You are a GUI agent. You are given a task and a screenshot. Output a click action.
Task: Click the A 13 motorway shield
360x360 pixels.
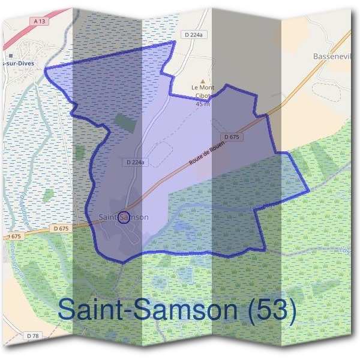tap(40, 21)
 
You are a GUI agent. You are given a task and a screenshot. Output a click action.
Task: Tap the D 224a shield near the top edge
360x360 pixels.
tap(194, 35)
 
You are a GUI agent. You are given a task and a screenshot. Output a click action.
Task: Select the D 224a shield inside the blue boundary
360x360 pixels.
tap(136, 162)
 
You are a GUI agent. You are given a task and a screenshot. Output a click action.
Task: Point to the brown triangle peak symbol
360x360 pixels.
tap(203, 81)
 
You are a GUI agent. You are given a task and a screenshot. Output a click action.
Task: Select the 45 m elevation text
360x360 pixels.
tap(203, 104)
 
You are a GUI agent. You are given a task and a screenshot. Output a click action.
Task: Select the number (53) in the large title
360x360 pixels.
tap(274, 311)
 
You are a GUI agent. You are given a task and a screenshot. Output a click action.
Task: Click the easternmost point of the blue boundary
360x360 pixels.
tap(309, 191)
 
